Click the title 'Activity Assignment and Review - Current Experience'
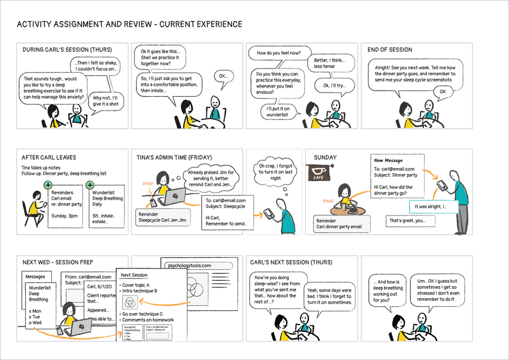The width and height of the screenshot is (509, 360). click(130, 25)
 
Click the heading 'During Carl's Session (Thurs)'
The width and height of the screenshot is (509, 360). click(67, 49)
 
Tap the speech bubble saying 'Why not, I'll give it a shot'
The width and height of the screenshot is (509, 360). click(106, 101)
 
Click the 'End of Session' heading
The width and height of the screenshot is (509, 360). click(390, 49)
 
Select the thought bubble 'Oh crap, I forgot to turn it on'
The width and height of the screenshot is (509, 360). click(276, 172)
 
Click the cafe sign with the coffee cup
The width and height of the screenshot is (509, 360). click(319, 173)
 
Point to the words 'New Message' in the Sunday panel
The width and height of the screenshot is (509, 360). click(388, 161)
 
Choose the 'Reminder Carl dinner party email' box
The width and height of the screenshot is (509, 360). click(342, 224)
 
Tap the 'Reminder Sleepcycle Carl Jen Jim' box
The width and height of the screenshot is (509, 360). click(163, 217)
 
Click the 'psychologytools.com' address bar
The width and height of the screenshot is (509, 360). click(200, 265)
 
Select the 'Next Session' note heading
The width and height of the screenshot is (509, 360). click(134, 275)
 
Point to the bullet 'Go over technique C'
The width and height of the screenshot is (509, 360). click(142, 314)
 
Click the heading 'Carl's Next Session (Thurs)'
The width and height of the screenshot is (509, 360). click(291, 262)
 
